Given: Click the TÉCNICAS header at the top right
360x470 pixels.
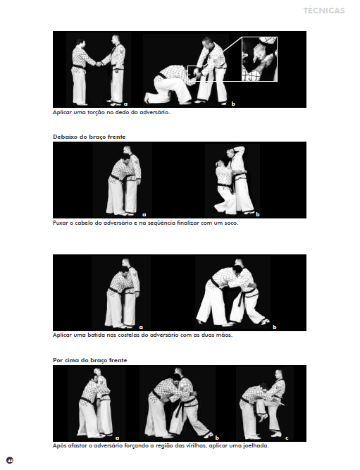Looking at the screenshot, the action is [x=324, y=11].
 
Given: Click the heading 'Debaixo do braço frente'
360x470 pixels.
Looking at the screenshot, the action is [x=89, y=137].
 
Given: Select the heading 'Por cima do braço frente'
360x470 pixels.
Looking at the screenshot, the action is [x=90, y=360].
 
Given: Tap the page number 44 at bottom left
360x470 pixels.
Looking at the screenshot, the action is [x=10, y=460].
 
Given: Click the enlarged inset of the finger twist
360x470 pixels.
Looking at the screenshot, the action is [x=259, y=59].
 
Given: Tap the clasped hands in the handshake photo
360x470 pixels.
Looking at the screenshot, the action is [x=99, y=64].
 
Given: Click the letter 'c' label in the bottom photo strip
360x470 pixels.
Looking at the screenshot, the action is [x=287, y=438].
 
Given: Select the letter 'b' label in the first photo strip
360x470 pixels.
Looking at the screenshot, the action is [x=233, y=104].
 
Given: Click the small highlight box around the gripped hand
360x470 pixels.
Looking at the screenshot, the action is [x=196, y=73].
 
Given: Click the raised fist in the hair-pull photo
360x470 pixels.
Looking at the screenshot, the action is [x=240, y=148].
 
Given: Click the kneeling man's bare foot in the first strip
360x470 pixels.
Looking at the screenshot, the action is [x=147, y=97].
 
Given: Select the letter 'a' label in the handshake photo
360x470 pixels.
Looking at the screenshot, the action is [x=125, y=104].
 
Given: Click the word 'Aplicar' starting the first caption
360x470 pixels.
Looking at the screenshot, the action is [x=62, y=113].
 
